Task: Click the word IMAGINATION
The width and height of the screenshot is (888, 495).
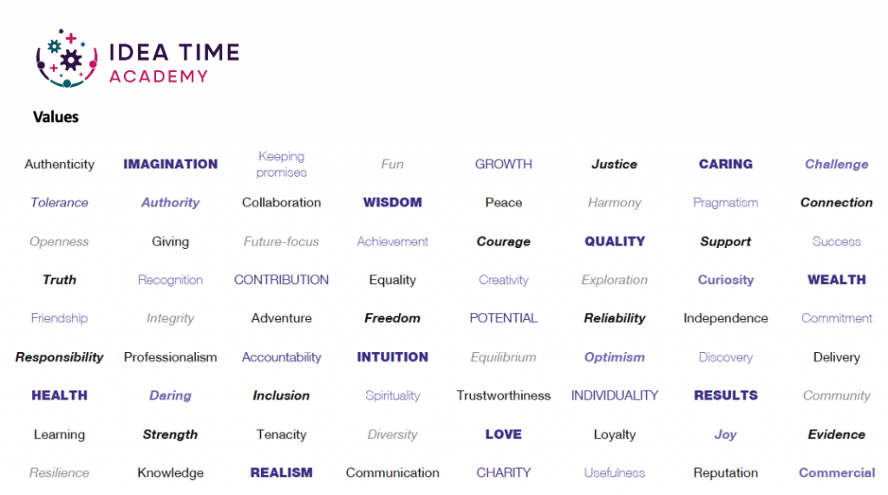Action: click(x=171, y=164)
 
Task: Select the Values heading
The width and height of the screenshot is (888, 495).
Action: click(x=55, y=117)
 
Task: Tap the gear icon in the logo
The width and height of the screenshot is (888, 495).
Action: click(x=71, y=60)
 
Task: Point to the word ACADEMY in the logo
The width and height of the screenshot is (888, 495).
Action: click(x=159, y=76)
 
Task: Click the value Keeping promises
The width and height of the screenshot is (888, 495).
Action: click(x=282, y=164)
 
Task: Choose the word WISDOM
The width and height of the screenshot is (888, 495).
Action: click(x=393, y=203)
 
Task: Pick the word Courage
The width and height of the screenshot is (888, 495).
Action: click(x=504, y=242)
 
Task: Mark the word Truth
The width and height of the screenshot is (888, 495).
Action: click(x=60, y=280)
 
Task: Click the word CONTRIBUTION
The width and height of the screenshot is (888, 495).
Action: click(x=282, y=280)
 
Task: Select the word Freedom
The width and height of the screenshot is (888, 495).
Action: click(x=393, y=318)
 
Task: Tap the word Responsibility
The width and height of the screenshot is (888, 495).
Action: click(x=60, y=357)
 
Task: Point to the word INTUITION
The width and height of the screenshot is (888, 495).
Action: click(x=393, y=357)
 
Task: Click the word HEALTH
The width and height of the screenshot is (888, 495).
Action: click(x=60, y=395)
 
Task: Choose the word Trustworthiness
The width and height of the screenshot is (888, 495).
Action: click(x=504, y=395)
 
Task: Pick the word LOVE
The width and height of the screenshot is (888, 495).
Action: click(x=504, y=434)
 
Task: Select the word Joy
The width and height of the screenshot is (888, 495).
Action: click(x=726, y=434)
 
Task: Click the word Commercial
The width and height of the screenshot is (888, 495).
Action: click(x=837, y=473)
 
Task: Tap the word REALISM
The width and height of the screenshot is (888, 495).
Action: click(x=282, y=473)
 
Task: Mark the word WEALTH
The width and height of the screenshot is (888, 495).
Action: click(x=837, y=280)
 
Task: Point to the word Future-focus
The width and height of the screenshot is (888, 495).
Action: click(x=282, y=242)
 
